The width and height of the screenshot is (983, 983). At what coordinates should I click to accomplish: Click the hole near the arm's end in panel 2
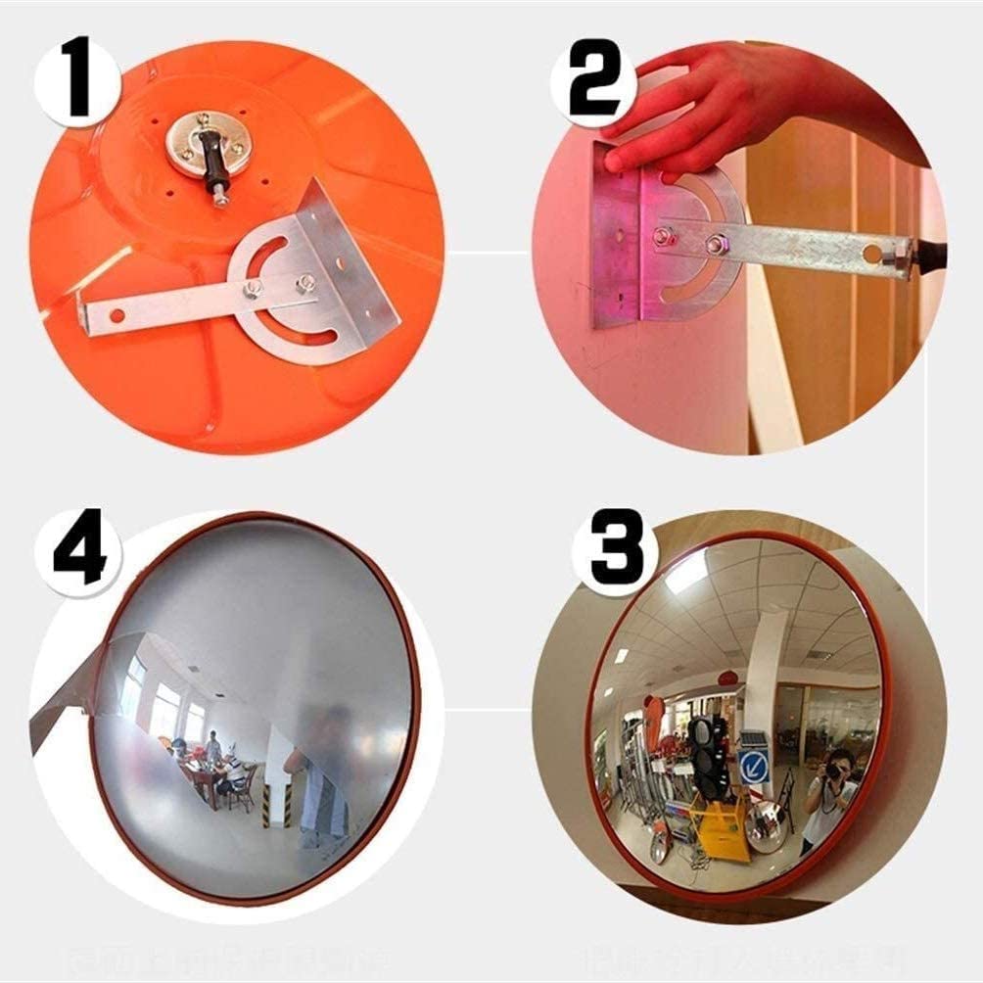pos(871,254)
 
